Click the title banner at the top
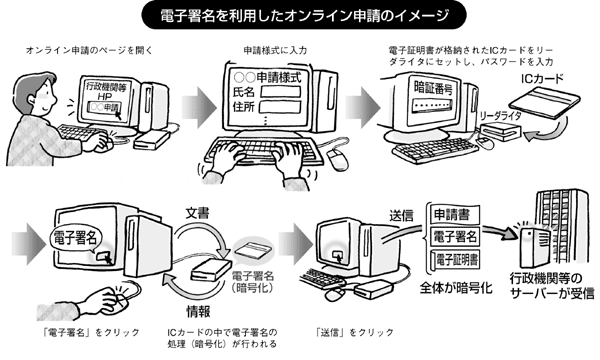pyautogui.click(x=304, y=16)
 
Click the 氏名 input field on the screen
pyautogui.click(x=280, y=92)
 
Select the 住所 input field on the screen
pyautogui.click(x=280, y=107)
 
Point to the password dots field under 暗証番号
pyautogui.click(x=431, y=105)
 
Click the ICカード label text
pyautogui.click(x=542, y=78)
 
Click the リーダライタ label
pyautogui.click(x=500, y=116)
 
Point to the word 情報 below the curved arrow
pyautogui.click(x=198, y=311)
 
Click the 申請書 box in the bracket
pyautogui.click(x=455, y=215)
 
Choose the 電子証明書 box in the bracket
pyautogui.click(x=455, y=260)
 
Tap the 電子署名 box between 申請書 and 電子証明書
pyautogui.click(x=455, y=237)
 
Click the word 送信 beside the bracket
pyautogui.click(x=401, y=216)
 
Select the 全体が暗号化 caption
pyautogui.click(x=455, y=288)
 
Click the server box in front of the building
pyautogui.click(x=531, y=247)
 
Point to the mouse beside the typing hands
pyautogui.click(x=338, y=158)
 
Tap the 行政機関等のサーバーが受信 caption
pyautogui.click(x=552, y=286)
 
